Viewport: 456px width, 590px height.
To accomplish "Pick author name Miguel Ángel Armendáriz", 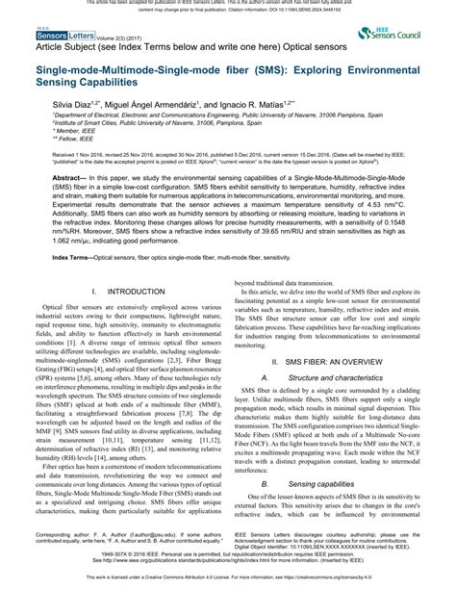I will tap(156, 103).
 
